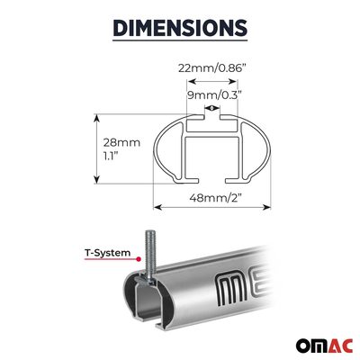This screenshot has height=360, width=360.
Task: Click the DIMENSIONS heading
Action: coord(180,28)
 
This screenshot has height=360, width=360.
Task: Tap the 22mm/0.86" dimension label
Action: coord(212,68)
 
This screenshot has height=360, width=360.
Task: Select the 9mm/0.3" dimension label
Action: coord(214,95)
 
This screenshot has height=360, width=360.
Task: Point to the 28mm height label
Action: coord(121,142)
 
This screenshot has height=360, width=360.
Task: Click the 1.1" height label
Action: coord(111,156)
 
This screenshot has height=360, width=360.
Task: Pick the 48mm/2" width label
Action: coord(216,198)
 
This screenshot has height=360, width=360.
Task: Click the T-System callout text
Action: coord(108,253)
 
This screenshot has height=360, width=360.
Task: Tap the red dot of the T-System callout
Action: coord(139,259)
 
